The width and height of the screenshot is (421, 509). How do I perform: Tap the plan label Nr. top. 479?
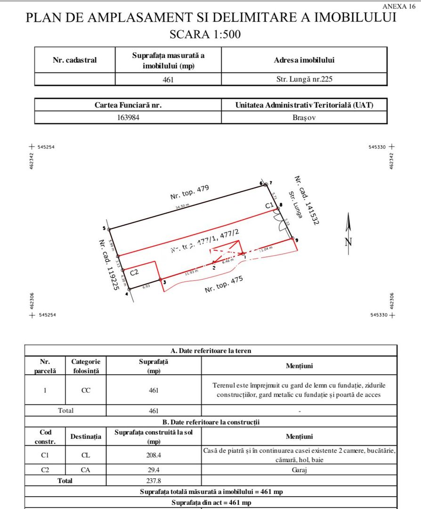click(189, 193)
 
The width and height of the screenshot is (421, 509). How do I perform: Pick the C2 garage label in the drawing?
click(134, 272)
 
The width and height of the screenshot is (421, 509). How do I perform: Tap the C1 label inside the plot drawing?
click(269, 205)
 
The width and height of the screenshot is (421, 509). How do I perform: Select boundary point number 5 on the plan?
click(109, 230)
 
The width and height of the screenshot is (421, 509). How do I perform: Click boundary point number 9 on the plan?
click(292, 239)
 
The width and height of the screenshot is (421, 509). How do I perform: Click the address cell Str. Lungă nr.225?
click(304, 79)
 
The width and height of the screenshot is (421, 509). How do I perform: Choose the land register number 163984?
click(128, 117)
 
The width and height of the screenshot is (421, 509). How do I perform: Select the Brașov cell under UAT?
click(304, 117)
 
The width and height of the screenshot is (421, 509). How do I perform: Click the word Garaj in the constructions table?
click(299, 469)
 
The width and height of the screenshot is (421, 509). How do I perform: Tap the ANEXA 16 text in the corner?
click(399, 7)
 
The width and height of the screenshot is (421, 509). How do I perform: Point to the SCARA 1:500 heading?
click(210, 34)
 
